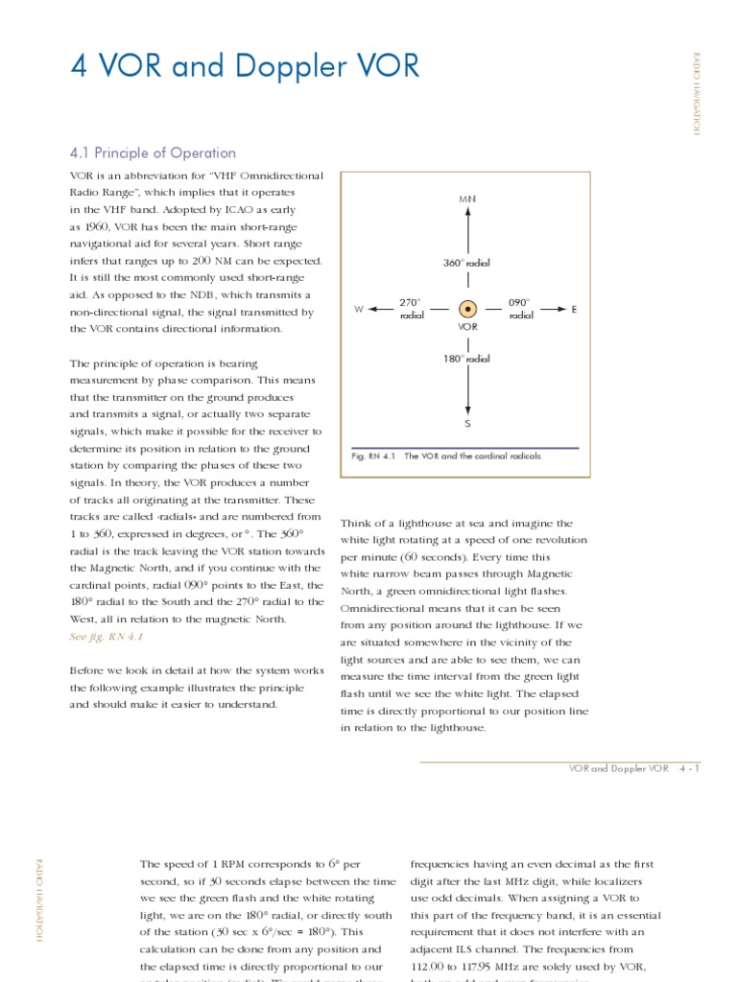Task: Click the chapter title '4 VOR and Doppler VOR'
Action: (245, 67)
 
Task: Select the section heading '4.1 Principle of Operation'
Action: (153, 152)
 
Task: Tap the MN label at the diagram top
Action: (467, 199)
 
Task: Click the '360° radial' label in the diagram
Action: (466, 262)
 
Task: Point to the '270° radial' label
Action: (411, 309)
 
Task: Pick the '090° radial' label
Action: (521, 309)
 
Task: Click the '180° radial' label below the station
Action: (466, 359)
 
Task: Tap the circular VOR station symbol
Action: (467, 309)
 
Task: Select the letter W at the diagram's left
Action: (358, 310)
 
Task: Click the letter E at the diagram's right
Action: (574, 310)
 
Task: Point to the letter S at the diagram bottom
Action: (467, 423)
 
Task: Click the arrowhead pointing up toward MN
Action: (467, 213)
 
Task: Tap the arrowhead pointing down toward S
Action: (467, 407)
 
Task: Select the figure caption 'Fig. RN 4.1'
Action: (370, 456)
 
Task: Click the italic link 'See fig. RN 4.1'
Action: (99, 637)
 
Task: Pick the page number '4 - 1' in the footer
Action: (690, 769)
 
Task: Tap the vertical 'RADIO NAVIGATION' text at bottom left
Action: (39, 900)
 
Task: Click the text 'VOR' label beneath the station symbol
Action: (467, 327)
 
